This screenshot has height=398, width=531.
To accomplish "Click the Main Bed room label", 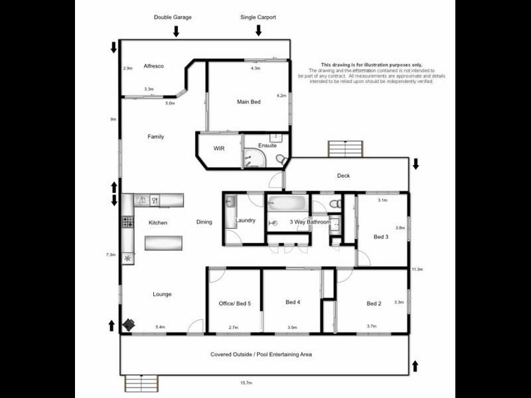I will tap(248, 102).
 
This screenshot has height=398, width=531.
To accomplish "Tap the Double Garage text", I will tap(173, 17).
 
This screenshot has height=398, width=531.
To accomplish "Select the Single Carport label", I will tap(258, 17).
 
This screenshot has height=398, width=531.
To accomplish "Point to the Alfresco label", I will tap(153, 66).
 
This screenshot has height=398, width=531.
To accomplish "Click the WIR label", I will tap(218, 149).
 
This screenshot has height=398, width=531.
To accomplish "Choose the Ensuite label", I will tap(267, 145).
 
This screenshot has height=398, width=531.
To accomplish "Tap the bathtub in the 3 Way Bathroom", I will tap(287, 204).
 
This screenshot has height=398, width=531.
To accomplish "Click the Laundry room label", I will tap(246, 221).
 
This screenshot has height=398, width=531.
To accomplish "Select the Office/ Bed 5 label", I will tap(235, 303).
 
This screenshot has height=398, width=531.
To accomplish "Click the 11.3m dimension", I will tap(417, 269).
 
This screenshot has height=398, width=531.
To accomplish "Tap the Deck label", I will tap(343, 176).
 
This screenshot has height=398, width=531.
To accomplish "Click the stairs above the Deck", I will tap(345, 149).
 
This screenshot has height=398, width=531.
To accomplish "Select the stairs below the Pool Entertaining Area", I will tap(140, 383).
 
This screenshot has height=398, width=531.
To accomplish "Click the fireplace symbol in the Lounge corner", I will tap(128, 324).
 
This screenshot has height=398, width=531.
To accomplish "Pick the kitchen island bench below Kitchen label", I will tap(163, 243).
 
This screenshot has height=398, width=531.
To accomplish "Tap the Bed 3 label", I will tap(380, 237).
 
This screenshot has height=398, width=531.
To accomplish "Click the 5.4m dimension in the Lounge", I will tap(160, 327).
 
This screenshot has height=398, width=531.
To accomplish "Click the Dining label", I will tap(204, 222).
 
